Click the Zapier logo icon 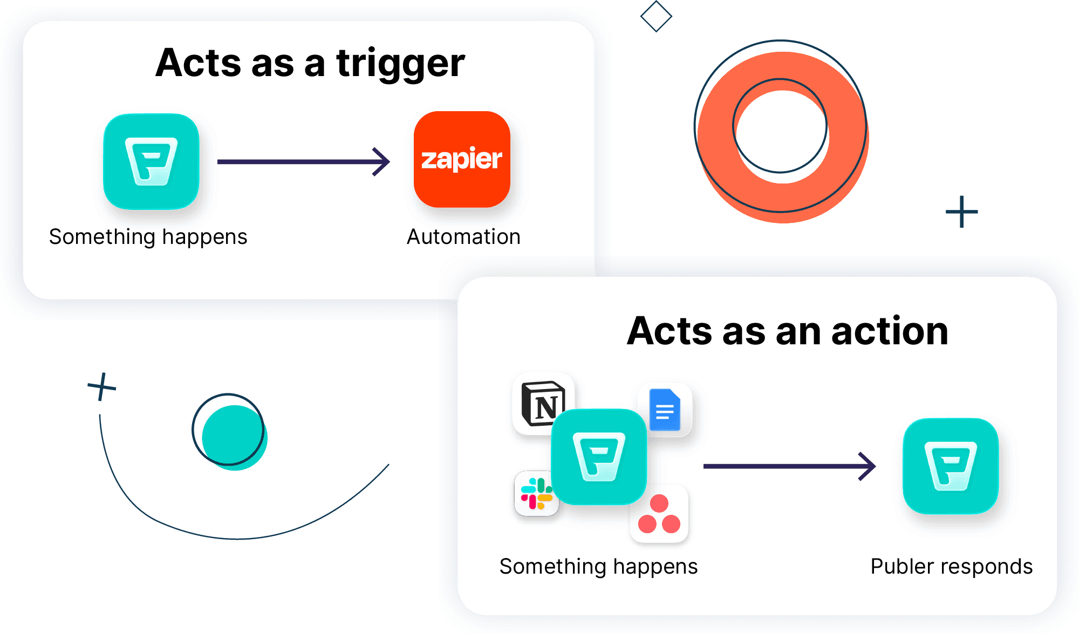(x=462, y=159)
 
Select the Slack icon (x=536, y=493)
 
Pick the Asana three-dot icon (x=659, y=514)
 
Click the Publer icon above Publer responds (x=951, y=466)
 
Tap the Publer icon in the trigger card (x=151, y=161)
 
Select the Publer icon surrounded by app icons (x=599, y=457)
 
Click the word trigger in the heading (x=400, y=64)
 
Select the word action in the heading (x=890, y=331)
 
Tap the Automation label (x=463, y=237)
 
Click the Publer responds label (x=951, y=567)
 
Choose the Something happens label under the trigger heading (x=148, y=237)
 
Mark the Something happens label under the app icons (x=598, y=567)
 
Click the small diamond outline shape (x=656, y=16)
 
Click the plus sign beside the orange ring (x=961, y=212)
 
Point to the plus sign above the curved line (x=101, y=386)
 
